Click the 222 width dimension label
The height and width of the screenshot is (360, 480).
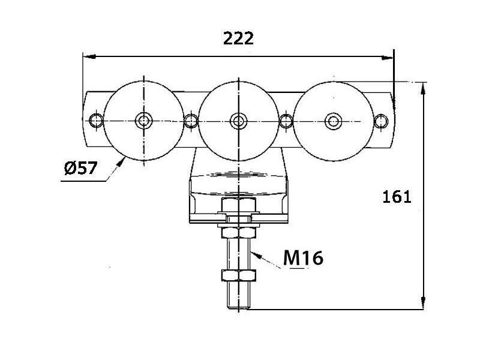point(238,38)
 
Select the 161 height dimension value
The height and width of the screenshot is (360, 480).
point(397,197)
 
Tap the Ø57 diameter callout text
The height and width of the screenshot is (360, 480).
point(81,168)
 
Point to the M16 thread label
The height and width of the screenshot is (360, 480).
point(303,258)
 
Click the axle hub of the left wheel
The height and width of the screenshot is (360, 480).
point(144,121)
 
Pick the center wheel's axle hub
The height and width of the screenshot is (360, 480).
point(238,121)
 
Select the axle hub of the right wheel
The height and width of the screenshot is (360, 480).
point(334,121)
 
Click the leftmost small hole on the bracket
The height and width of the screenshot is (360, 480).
point(96,121)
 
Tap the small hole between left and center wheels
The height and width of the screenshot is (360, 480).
point(191,121)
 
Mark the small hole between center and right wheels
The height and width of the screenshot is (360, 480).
point(286,121)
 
